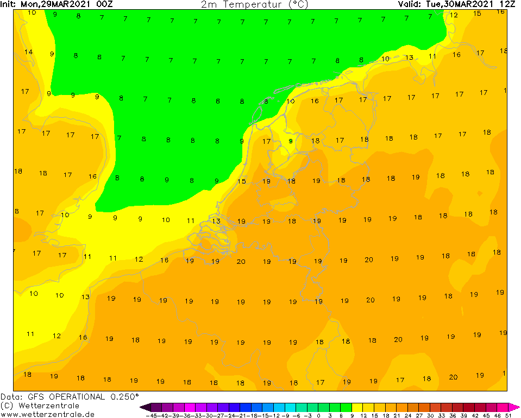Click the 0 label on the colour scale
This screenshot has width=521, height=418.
point(319,415)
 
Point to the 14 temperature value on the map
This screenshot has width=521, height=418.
point(29,52)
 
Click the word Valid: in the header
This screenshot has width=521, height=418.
point(408,4)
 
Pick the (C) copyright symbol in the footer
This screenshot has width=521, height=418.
point(7,406)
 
